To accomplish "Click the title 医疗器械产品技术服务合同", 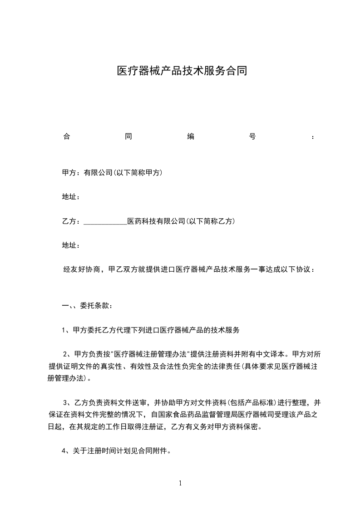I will pyautogui.click(x=182, y=71).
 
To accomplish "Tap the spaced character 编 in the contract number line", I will pyautogui.click(x=191, y=137).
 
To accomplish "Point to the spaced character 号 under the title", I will pyautogui.click(x=252, y=137).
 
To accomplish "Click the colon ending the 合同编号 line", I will pyautogui.click(x=313, y=137).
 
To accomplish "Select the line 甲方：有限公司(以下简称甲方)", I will pyautogui.click(x=112, y=173).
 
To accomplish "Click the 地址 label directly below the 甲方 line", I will pyautogui.click(x=71, y=197).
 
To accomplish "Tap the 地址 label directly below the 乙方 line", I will pyautogui.click(x=71, y=245).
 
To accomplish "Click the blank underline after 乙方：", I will pyautogui.click(x=106, y=222).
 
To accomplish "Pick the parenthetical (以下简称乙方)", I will pyautogui.click(x=210, y=221).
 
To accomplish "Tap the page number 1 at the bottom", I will pyautogui.click(x=180, y=483).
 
